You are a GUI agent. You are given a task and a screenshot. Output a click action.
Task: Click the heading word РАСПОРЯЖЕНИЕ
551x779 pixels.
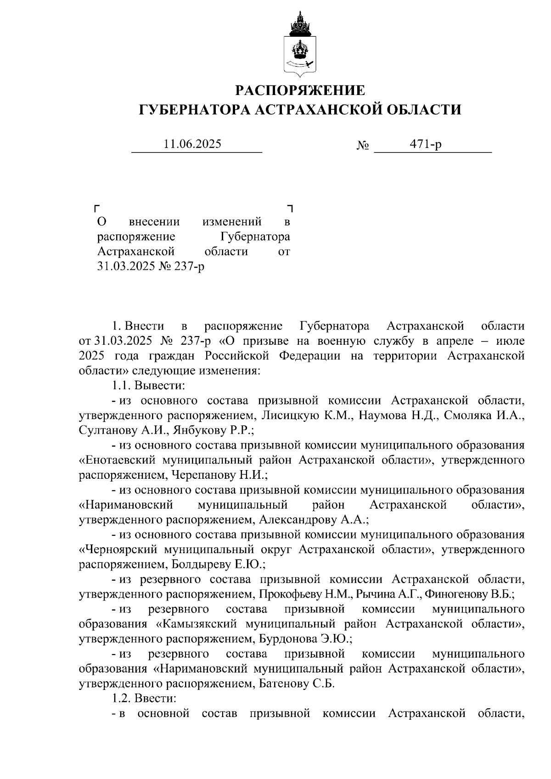tap(300, 90)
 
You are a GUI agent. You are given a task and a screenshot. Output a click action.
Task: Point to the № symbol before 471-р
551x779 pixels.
tap(363, 146)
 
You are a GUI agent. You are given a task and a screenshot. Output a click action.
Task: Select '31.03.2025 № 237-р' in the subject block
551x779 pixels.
tap(151, 266)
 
